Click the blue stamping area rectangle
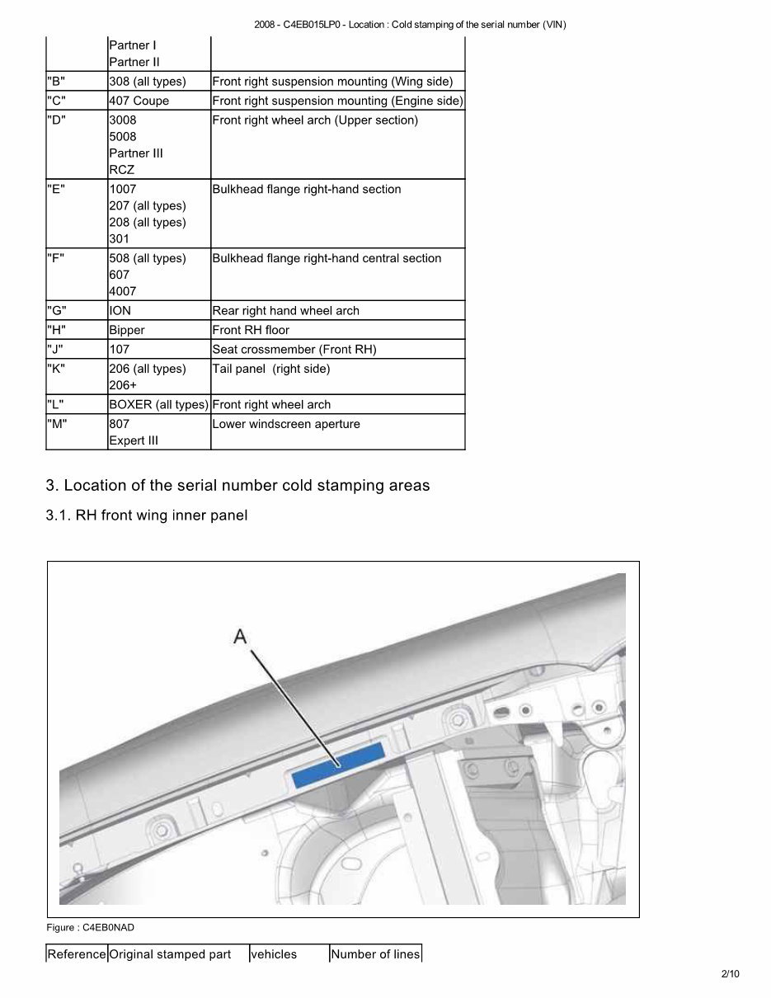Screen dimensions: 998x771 click(338, 764)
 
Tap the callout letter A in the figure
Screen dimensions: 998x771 click(240, 636)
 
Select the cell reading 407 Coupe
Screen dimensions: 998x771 click(139, 101)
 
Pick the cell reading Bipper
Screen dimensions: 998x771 click(127, 330)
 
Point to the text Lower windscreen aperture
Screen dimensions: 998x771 click(286, 424)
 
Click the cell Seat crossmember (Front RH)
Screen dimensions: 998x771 click(294, 350)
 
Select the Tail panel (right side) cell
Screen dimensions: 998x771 click(271, 369)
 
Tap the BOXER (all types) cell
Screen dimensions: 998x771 click(158, 405)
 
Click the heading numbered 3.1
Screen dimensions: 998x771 click(147, 515)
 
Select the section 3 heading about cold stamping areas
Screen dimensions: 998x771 click(237, 485)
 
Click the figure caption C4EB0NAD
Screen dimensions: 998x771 click(90, 928)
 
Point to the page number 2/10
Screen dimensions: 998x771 click(730, 974)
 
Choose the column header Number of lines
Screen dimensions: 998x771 click(375, 954)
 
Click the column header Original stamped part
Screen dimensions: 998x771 click(170, 954)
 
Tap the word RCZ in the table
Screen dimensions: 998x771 click(121, 170)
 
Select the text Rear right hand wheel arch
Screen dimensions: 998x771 click(286, 311)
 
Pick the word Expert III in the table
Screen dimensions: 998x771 click(133, 440)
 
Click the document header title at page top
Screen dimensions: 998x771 click(411, 24)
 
